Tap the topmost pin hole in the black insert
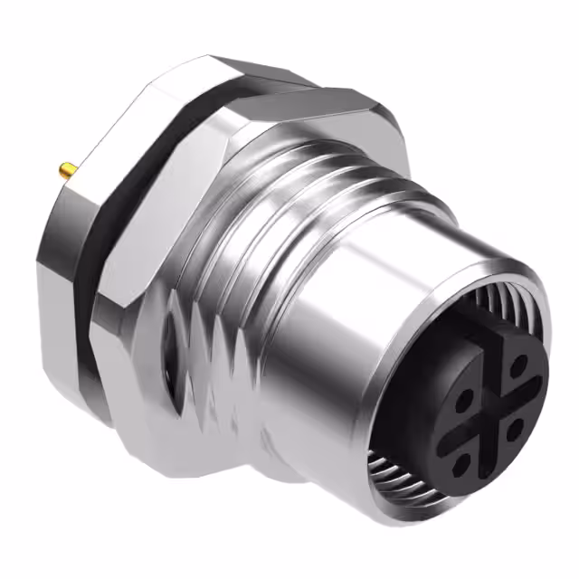pyautogui.click(x=518, y=365)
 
